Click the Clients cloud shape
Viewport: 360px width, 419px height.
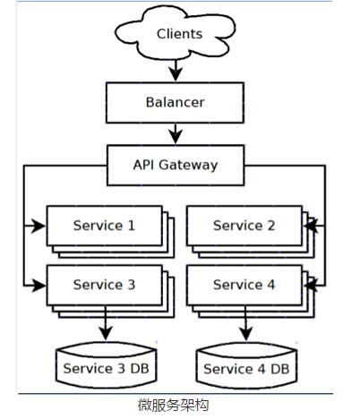point(176,33)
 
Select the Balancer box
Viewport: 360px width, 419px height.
point(176,103)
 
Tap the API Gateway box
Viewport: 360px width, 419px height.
point(176,166)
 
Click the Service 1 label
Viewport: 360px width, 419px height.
point(104,226)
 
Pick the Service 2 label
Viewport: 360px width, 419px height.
point(244,226)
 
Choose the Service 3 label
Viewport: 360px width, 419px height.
point(104,285)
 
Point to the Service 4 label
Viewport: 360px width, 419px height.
point(244,285)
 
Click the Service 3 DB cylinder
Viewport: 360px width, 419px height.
point(107,364)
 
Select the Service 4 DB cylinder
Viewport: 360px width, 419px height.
point(246,364)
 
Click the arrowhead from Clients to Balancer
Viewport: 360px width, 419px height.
point(176,74)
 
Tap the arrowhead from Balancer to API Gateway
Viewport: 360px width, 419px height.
point(176,137)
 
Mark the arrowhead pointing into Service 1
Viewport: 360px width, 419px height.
point(39,226)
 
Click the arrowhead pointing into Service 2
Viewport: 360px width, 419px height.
point(311,226)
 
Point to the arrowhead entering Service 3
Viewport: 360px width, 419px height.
point(39,286)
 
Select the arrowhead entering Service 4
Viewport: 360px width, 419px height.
point(311,286)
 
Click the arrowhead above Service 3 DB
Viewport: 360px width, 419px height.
point(106,333)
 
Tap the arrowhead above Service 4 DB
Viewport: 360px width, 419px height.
point(245,334)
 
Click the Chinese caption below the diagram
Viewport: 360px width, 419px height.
point(173,406)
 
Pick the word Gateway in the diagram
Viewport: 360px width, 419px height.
point(188,166)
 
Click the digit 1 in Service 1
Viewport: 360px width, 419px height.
point(132,226)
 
